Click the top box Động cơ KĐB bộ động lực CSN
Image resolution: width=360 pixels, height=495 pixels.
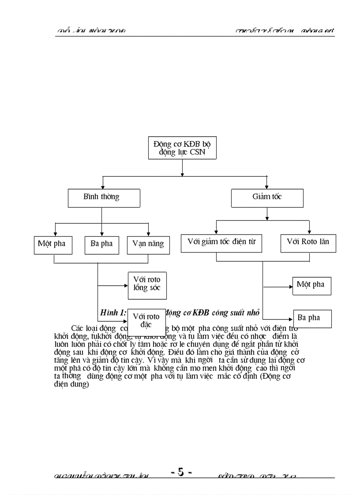[x=182, y=148]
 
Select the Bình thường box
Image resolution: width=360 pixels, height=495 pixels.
[x=104, y=198]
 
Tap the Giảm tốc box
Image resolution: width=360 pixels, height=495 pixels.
[x=267, y=198]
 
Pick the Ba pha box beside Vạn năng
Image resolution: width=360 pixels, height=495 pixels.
[x=101, y=245]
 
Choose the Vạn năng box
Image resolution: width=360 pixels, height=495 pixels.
[x=148, y=245]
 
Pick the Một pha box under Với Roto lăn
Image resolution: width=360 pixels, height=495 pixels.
[x=311, y=286]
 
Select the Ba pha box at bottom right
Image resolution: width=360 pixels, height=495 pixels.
[x=312, y=318]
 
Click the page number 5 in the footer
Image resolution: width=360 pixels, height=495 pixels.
[x=180, y=472]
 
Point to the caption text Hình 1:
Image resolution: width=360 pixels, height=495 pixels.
[x=113, y=313]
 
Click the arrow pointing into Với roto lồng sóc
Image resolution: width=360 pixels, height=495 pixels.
[x=125, y=286]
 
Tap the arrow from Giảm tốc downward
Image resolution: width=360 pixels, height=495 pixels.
[x=267, y=214]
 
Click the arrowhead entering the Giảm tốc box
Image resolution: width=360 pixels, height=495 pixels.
[x=267, y=186]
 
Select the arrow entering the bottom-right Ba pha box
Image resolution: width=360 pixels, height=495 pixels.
[x=290, y=319]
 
